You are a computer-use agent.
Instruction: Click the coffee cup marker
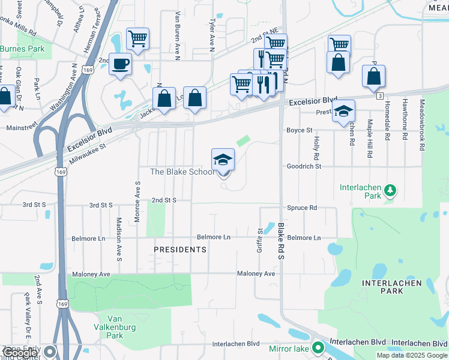(x=121, y=64)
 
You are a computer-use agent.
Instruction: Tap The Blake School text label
(x=181, y=172)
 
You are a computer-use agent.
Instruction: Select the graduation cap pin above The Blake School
(x=223, y=160)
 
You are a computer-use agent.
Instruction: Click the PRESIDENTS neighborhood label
(x=180, y=249)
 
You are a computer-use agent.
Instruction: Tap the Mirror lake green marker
(x=318, y=347)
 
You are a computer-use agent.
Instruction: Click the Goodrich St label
(x=304, y=166)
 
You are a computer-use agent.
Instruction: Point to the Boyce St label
(x=299, y=130)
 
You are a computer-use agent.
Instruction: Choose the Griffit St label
(x=260, y=239)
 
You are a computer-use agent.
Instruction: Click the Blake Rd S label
(x=281, y=241)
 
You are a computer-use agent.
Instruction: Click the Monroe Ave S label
(x=137, y=202)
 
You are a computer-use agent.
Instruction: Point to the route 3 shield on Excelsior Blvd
(x=379, y=96)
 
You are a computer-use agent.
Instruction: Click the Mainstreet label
(x=22, y=128)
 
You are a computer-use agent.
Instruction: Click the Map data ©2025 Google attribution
(x=412, y=355)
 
